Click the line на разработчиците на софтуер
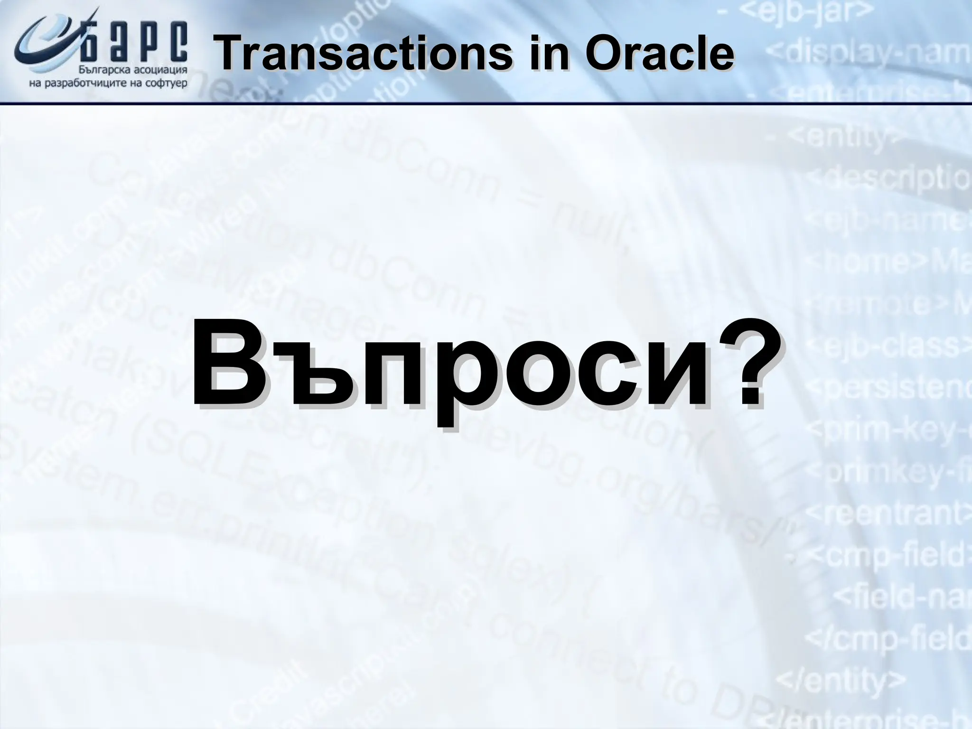(108, 84)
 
